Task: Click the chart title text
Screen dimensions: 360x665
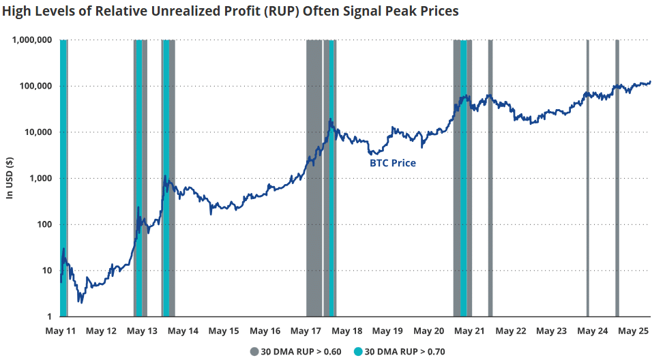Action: coord(230,12)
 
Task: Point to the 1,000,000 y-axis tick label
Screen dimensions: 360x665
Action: coord(32,40)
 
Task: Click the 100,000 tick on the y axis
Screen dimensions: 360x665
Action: coord(35,87)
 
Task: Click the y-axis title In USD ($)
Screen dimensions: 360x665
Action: coord(10,178)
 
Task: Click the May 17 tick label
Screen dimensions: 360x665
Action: coord(306,331)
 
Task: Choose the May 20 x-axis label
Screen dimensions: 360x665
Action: coord(429,331)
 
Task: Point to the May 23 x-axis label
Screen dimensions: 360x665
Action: coord(551,331)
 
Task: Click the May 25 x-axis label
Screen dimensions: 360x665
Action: coord(632,331)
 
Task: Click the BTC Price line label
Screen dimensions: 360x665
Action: coord(392,164)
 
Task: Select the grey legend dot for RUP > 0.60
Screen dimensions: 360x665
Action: coord(254,352)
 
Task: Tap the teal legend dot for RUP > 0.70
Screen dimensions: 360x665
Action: coord(358,352)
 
